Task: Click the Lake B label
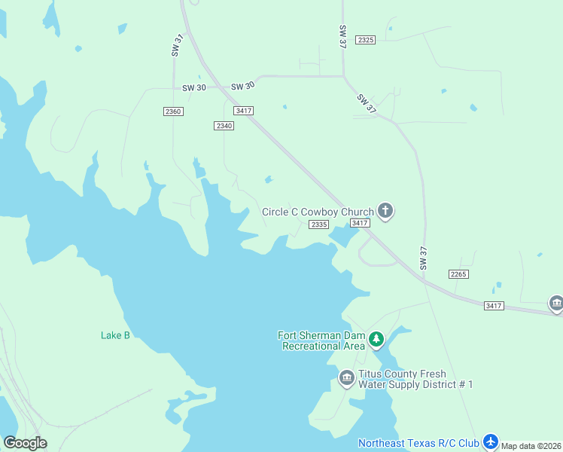[115, 335]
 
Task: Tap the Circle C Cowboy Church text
[317, 212]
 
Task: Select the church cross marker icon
[385, 211]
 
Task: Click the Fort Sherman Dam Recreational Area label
[322, 341]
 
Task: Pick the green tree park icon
[377, 341]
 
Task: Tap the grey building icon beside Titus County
[346, 377]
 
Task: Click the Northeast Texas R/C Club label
[418, 443]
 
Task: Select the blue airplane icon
[491, 441]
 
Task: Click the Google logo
[25, 443]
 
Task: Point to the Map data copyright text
[531, 446]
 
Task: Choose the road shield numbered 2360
[173, 111]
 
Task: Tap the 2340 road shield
[224, 126]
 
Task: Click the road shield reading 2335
[319, 224]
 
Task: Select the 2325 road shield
[366, 39]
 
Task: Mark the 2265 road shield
[458, 273]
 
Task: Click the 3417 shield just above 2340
[243, 111]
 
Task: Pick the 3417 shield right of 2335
[360, 223]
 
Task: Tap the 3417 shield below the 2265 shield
[494, 305]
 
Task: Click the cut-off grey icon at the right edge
[557, 303]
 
